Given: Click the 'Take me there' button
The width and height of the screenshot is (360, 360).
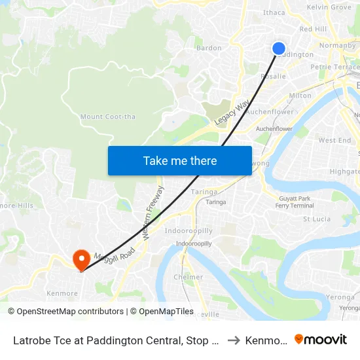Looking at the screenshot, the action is tap(180, 160).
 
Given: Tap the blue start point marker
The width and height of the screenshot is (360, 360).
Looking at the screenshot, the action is tap(279, 48).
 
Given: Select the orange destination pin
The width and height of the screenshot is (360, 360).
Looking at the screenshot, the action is tap(81, 260).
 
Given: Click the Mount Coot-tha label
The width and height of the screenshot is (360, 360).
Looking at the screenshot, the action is tap(107, 117).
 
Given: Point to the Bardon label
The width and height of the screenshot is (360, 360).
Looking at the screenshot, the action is tap(209, 48).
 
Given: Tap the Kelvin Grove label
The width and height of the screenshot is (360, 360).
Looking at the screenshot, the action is tap(329, 7).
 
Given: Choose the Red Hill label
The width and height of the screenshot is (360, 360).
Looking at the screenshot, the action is tap(313, 29).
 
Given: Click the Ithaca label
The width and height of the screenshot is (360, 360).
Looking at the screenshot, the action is tap(274, 12).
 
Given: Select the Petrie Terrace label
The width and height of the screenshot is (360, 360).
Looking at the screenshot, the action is tap(334, 67).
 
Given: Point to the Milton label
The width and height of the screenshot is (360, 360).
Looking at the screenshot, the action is tap(300, 96).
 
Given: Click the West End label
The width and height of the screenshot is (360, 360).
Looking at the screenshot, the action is tap(334, 140).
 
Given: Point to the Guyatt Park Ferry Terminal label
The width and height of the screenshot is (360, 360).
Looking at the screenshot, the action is tap(295, 202).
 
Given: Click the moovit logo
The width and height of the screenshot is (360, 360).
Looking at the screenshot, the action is tap(321, 340).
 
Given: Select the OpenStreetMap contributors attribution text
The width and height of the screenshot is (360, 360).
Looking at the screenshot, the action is tap(66, 312).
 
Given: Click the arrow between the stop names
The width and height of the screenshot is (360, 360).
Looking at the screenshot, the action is tap(234, 340).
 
